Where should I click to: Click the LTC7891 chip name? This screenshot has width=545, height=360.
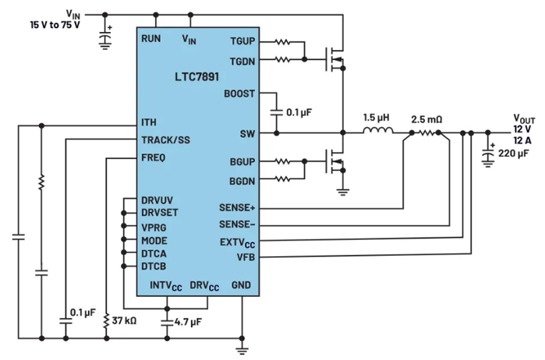coord(196,76)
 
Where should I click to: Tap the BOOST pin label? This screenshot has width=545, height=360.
coord(239,94)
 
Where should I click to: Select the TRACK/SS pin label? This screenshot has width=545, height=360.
coord(165,140)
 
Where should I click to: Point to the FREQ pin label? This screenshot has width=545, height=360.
coord(154,157)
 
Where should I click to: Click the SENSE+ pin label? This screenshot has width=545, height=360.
coord(237,208)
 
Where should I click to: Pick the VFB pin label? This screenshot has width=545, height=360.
coord(246,257)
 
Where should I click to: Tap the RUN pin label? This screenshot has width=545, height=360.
coord(150,39)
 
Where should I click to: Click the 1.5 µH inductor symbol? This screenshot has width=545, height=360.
coord(378,130)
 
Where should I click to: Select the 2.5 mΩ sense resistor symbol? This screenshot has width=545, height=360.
coord(426,132)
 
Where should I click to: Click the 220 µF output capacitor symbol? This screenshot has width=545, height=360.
coord(488,154)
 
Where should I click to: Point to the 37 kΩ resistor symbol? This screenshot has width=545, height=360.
coord(106,321)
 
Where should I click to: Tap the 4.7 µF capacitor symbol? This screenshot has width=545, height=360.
coord(167,323)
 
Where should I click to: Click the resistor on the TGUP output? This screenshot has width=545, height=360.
coord(282,42)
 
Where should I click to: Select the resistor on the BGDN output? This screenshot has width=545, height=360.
coord(282,179)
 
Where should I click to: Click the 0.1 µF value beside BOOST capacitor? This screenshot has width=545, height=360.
coord(299,112)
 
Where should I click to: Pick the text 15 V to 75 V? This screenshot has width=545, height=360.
coord(55,25)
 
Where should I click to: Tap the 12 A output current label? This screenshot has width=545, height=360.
coord(522,141)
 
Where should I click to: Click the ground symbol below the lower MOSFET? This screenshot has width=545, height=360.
coord(343,192)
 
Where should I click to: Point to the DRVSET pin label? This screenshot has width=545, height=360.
coord(160,212)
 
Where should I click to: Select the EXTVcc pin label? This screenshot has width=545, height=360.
coord(237,242)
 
